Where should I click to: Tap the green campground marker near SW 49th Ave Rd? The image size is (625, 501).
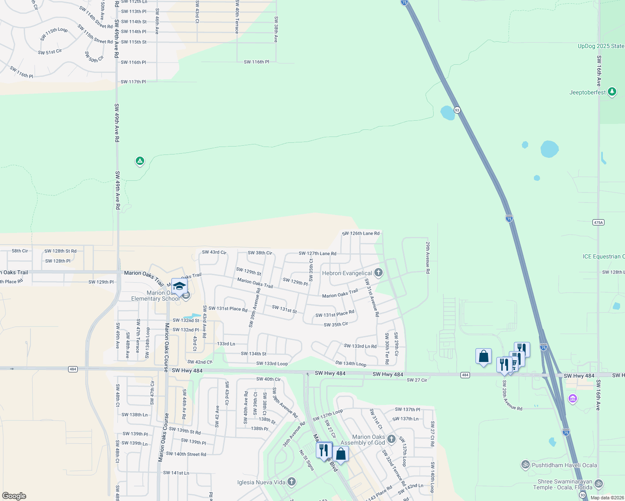point(140,161)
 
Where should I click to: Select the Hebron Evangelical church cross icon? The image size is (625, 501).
point(378,273)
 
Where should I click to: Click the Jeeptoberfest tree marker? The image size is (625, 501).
point(612,91)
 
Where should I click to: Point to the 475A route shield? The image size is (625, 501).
point(598,223)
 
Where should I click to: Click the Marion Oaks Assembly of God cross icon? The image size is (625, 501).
point(391,439)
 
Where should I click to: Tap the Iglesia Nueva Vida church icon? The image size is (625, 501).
point(292,482)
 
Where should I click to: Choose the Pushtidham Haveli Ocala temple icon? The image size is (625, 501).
point(525,464)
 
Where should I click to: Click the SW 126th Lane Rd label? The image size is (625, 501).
point(361,233)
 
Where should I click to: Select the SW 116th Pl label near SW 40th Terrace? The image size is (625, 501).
point(257,62)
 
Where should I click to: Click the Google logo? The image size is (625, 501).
point(14,496)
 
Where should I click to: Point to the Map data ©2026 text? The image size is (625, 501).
point(607,498)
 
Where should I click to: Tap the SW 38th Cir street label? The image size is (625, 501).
point(260,253)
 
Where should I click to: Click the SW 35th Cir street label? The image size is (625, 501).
point(336,324)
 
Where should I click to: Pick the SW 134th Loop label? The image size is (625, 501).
point(351,364)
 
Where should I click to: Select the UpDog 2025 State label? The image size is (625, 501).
point(601,46)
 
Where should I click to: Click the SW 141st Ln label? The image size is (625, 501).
point(176,473)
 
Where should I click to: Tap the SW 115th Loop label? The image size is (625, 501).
point(54,34)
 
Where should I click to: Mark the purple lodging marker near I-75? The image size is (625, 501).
point(573,399)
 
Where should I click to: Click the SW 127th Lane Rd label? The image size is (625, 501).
point(318,253)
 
